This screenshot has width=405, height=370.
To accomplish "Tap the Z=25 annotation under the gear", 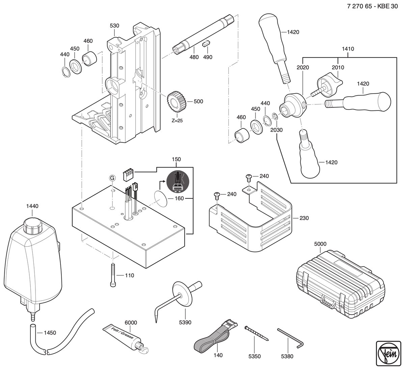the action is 177,121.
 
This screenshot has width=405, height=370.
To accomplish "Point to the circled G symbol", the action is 112,178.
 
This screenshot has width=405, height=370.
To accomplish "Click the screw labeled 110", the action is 113,275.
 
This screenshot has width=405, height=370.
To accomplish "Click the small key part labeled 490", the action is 206,44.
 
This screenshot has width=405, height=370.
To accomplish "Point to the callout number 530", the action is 114,26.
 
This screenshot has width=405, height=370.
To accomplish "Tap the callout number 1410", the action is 348,49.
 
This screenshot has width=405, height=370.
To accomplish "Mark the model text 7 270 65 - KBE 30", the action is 373,6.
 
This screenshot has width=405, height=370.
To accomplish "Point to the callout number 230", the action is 304,218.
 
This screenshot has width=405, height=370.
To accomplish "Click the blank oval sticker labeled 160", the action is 161,199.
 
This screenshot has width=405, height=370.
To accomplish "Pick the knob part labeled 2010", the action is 327,84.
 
